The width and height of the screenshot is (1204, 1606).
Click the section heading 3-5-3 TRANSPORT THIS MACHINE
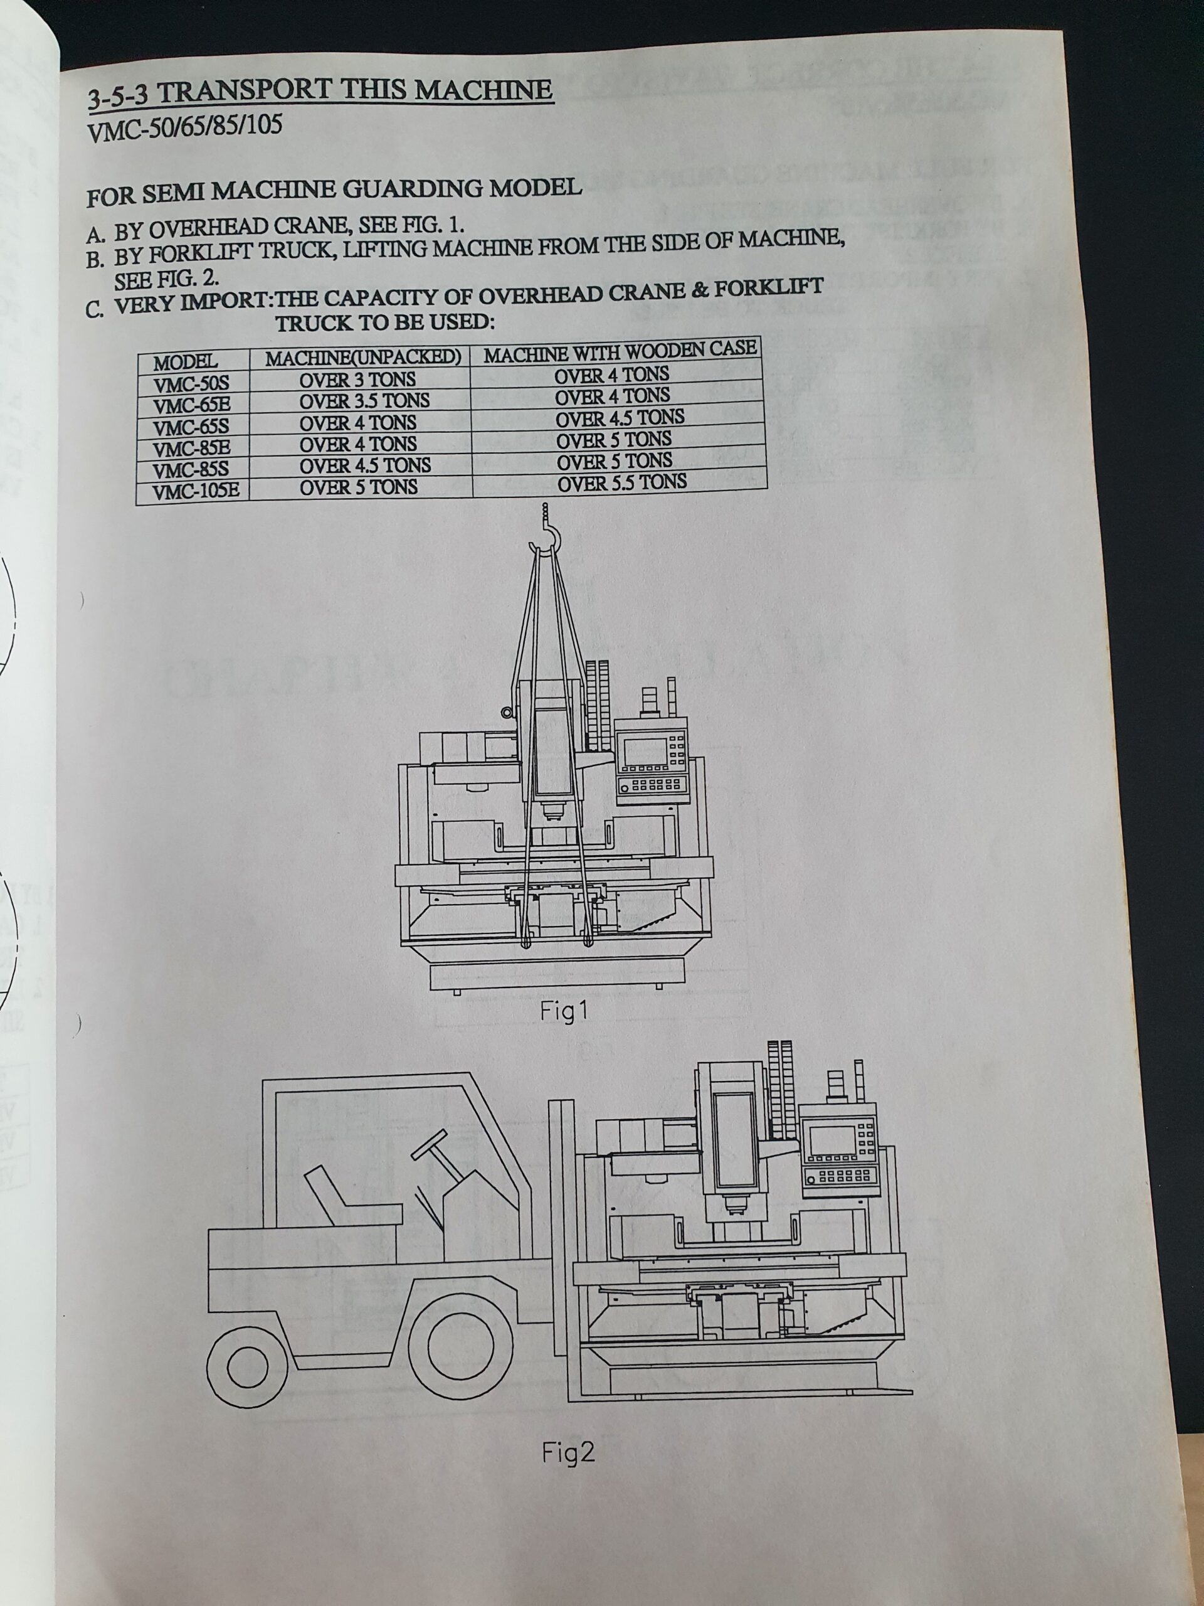pyautogui.click(x=320, y=93)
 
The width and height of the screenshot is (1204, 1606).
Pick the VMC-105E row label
pyautogui.click(x=196, y=491)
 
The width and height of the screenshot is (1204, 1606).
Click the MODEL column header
pyautogui.click(x=186, y=361)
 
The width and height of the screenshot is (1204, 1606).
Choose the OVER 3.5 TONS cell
pyautogui.click(x=364, y=401)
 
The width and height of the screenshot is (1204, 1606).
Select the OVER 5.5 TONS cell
pyautogui.click(x=622, y=481)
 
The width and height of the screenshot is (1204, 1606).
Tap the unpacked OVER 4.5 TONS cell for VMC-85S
pyautogui.click(x=365, y=465)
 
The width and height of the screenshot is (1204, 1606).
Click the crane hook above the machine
pyautogui.click(x=546, y=536)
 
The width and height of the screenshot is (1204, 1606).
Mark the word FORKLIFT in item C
pyautogui.click(x=769, y=286)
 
